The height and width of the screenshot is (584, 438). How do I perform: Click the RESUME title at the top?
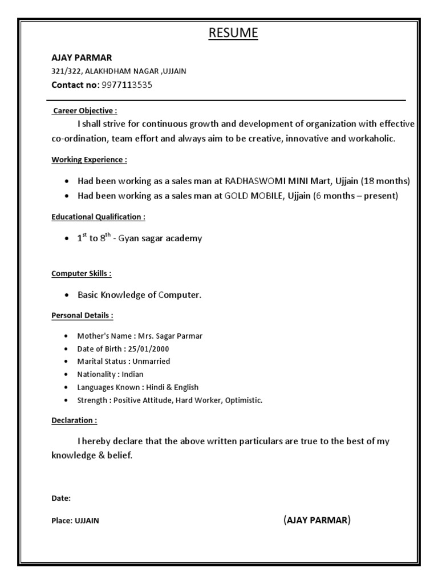click(x=233, y=34)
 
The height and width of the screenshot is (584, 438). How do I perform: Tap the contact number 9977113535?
click(x=127, y=85)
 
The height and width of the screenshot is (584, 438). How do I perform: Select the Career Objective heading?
click(x=85, y=111)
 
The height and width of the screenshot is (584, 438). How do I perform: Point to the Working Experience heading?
click(x=90, y=160)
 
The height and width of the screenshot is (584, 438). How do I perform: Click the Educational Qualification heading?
click(x=98, y=217)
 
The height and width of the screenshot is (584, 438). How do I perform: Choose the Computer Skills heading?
click(x=82, y=274)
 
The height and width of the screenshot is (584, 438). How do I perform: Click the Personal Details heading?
click(x=82, y=315)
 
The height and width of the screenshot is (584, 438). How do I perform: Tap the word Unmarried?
click(x=151, y=362)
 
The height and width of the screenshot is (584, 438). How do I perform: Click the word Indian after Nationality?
click(x=132, y=375)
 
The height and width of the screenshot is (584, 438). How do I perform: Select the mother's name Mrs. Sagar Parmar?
click(x=170, y=336)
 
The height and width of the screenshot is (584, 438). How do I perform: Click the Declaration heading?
click(x=74, y=420)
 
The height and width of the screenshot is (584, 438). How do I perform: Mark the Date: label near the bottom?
click(x=61, y=498)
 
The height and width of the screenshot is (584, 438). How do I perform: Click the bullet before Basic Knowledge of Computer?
click(x=67, y=295)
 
